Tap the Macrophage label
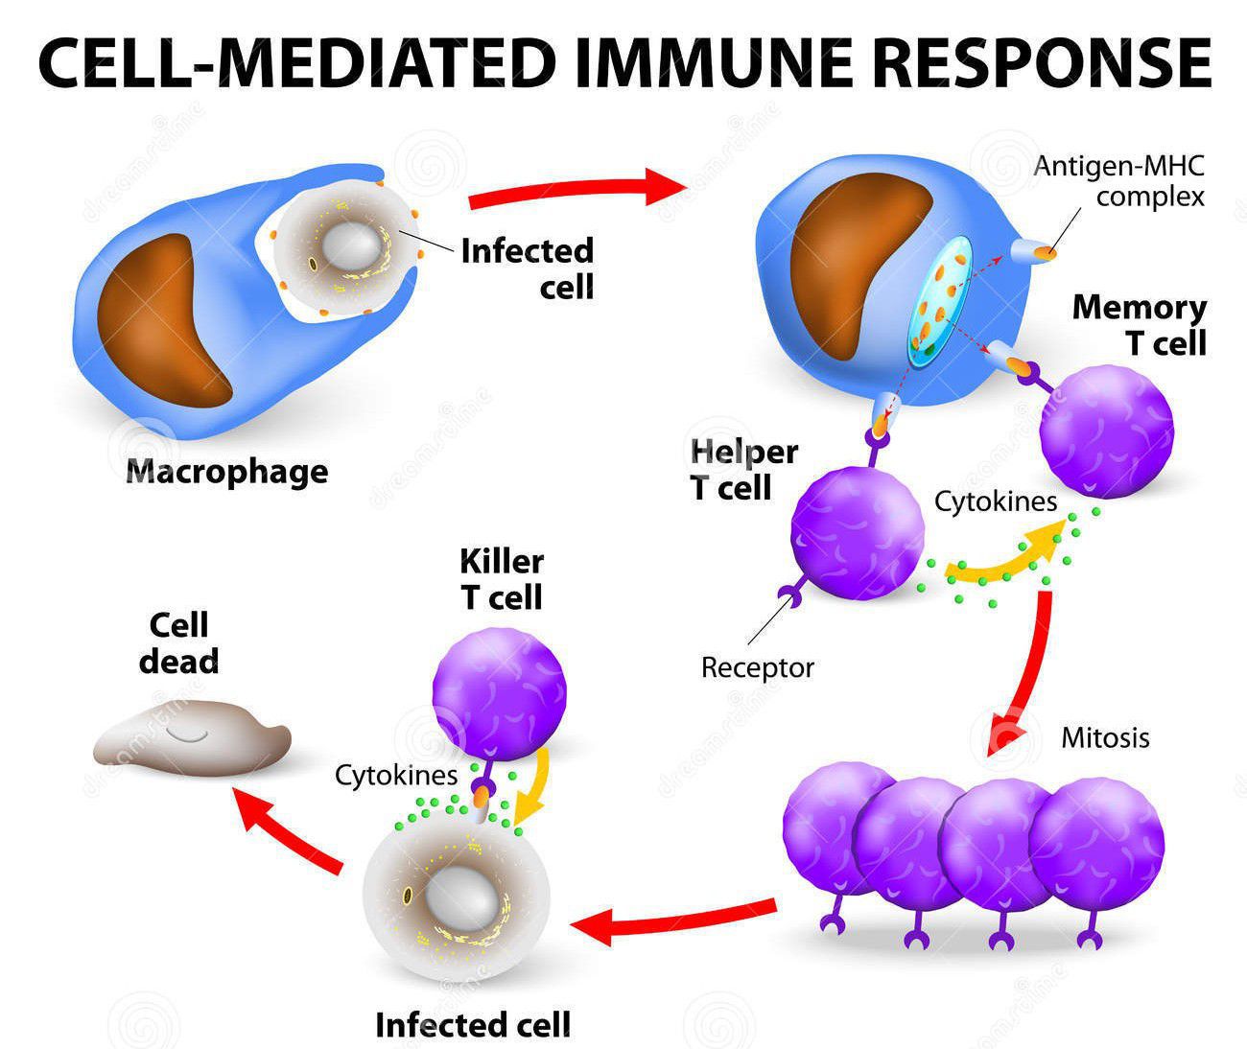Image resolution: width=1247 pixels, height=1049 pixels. tap(227, 472)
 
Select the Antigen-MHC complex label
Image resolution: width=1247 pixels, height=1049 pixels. tap(1118, 181)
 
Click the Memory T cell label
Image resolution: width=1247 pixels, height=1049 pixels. tap(1140, 325)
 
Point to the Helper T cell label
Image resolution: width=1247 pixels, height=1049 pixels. tap(744, 470)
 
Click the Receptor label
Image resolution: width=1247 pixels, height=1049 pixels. tap(757, 667)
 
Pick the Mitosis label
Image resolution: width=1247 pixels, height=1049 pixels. tap(1105, 737)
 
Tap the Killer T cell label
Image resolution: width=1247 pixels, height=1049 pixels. tap(502, 579)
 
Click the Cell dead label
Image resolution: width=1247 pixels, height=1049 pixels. tap(178, 643)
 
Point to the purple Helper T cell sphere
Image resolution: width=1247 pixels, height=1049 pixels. tap(857, 533)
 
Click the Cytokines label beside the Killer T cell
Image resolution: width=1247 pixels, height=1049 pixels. tap(396, 775)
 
